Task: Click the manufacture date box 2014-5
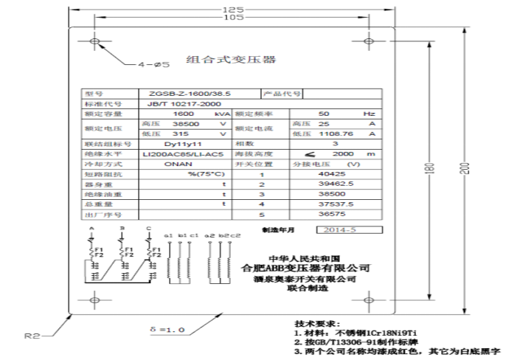pyautogui.click(x=346, y=230)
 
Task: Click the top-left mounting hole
pyautogui.click(x=96, y=40)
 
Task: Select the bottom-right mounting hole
pyautogui.click(x=369, y=299)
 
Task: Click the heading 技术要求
pyautogui.click(x=316, y=324)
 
